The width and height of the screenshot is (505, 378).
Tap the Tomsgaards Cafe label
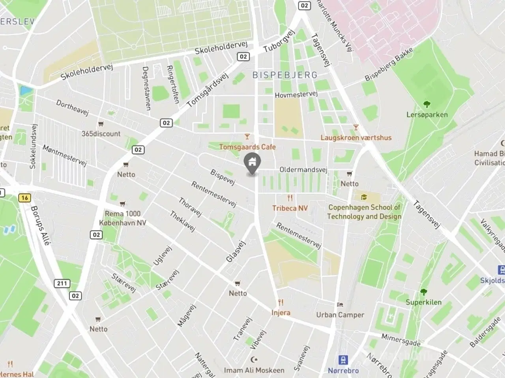(x=247, y=147)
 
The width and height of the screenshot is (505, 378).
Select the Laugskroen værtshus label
(x=356, y=137)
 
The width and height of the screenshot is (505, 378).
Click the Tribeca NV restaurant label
(x=290, y=208)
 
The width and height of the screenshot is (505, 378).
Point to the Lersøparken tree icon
(x=427, y=104)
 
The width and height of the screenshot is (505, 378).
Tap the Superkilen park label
(x=424, y=302)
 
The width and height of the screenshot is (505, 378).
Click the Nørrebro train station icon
(x=343, y=360)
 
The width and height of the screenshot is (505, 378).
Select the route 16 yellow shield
(x=24, y=198)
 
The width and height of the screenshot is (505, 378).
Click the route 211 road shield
(x=62, y=283)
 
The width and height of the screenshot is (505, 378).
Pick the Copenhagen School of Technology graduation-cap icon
(x=363, y=197)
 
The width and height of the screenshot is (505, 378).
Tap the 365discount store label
(x=101, y=133)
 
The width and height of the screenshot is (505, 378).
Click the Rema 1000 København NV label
(x=123, y=218)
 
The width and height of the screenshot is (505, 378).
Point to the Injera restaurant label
(x=281, y=313)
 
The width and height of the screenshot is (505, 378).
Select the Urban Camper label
(x=340, y=315)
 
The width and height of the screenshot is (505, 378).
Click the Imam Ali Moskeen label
(x=254, y=370)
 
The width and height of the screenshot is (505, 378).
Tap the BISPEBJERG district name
(x=285, y=75)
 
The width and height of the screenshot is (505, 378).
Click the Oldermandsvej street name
(x=303, y=170)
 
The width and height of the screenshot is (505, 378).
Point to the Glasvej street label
(x=236, y=252)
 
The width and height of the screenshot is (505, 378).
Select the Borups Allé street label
(x=40, y=226)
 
